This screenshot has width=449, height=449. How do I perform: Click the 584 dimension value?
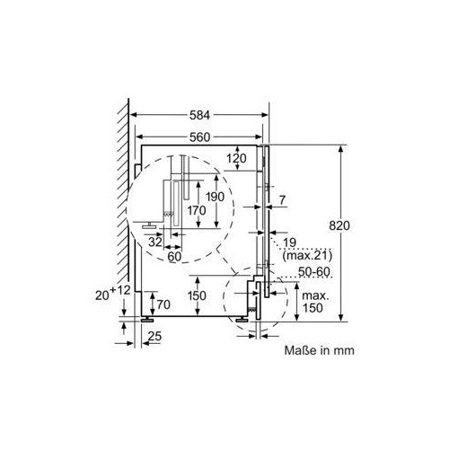199,115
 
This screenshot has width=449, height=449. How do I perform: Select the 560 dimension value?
199,137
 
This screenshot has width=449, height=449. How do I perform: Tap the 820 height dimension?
339,225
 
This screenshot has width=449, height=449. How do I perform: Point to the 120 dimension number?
236,158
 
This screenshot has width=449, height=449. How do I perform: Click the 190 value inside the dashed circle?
215,197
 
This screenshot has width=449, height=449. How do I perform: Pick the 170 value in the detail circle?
197,210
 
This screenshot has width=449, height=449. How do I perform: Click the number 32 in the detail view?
155,242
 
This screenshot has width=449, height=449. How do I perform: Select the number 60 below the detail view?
174,257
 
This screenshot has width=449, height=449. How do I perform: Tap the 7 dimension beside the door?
282,200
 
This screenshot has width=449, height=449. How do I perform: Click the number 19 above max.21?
289,242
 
